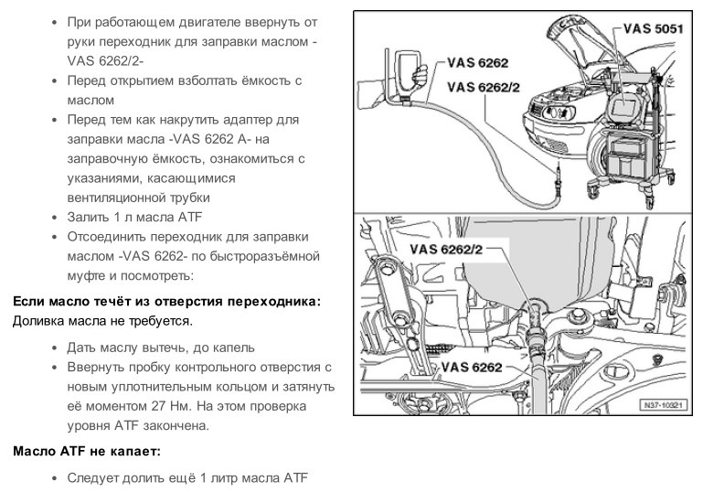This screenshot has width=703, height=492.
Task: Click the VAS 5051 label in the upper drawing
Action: pyautogui.click(x=655, y=28)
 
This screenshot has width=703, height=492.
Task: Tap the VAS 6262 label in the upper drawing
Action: pyautogui.click(x=477, y=63)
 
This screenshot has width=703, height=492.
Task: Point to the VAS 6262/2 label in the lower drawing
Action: pyautogui.click(x=446, y=249)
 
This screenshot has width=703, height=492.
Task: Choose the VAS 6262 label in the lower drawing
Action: pyautogui.click(x=472, y=368)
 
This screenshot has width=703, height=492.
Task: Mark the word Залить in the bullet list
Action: pyautogui.click(x=89, y=217)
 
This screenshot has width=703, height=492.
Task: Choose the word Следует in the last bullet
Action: pyautogui.click(x=95, y=477)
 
